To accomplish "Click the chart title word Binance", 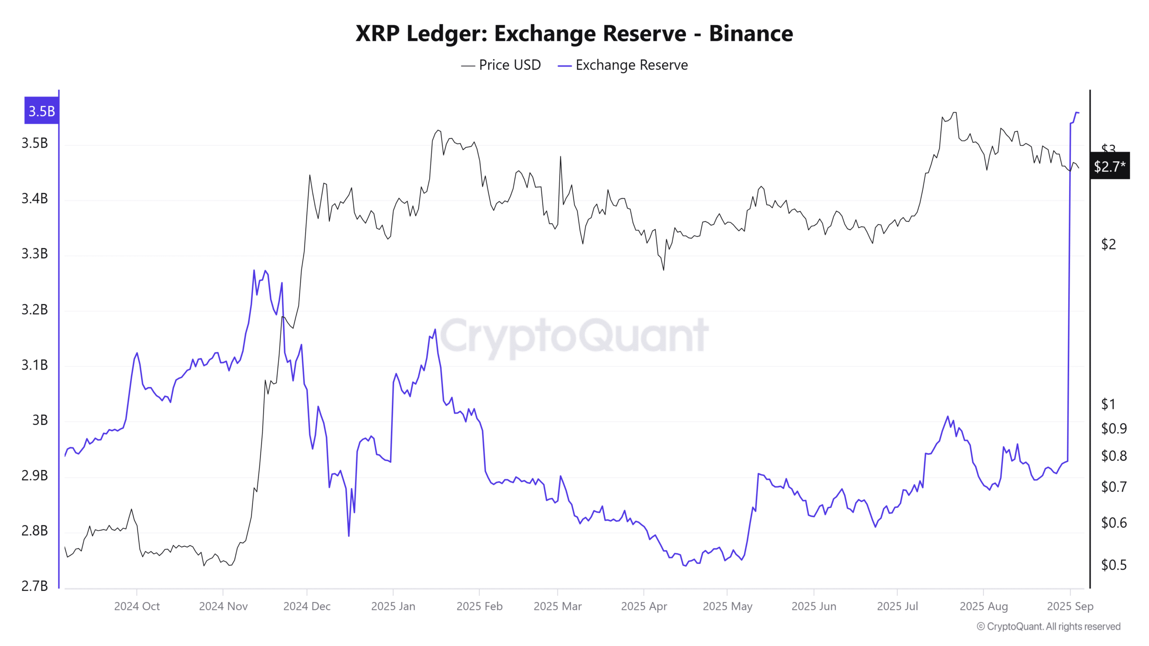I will coord(750,34).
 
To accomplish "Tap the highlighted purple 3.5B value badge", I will coord(41,111).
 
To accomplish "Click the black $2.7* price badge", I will coord(1110,166).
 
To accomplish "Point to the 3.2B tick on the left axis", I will coord(35,310).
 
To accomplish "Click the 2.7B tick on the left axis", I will coord(35,586).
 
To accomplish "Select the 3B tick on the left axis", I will coord(39,420).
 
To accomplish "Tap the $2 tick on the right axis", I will coord(1108,244).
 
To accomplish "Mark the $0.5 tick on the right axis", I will coord(1114,565).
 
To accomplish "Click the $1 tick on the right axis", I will coord(1108,404).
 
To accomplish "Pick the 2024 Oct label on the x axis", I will coord(137,607).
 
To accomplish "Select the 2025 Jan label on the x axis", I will coord(393,607).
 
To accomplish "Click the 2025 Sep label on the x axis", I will coord(1070,607).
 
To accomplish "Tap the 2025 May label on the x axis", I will coord(727,607).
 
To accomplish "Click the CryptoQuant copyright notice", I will coord(1048,627).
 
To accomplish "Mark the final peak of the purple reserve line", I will coord(1077,113).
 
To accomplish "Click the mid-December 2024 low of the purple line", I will coord(349,536).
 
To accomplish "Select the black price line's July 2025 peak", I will coord(955,113).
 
